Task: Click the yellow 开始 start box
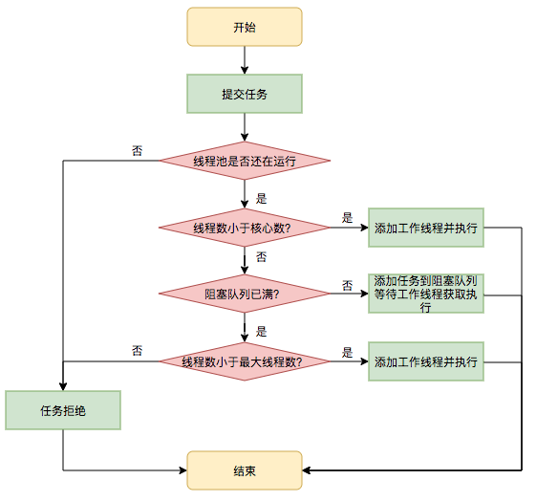pos(245,27)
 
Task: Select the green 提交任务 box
pos(245,94)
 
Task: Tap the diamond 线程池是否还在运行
pos(245,161)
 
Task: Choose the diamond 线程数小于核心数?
pos(245,228)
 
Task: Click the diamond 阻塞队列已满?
pos(245,295)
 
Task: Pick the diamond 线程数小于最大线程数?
pos(245,361)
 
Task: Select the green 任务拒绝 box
pos(63,410)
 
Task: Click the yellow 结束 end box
pos(245,470)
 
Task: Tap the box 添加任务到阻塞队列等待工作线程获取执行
pos(426,294)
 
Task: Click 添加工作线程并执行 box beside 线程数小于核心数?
pos(426,228)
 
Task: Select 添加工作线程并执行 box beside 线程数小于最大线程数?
pos(426,361)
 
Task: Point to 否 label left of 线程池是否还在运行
pos(138,151)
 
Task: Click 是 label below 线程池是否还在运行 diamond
pos(261,199)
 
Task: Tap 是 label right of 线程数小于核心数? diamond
pos(348,217)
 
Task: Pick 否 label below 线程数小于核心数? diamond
pos(261,258)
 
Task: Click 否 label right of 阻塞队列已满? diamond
pos(348,284)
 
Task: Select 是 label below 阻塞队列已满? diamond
pos(261,331)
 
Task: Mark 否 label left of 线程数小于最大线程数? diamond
pos(138,350)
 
